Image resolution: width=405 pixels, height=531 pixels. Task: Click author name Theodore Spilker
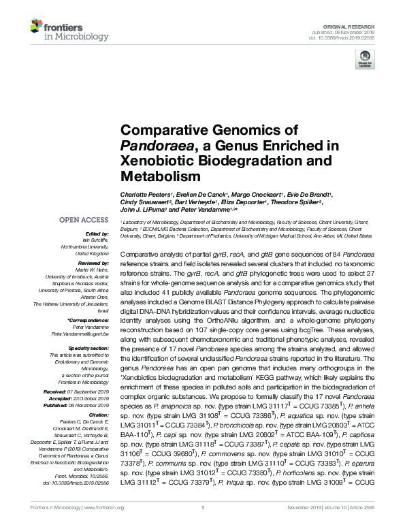[297, 202]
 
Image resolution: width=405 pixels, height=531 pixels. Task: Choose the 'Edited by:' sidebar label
[95, 234]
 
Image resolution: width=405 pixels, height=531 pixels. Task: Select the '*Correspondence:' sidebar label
[88, 320]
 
